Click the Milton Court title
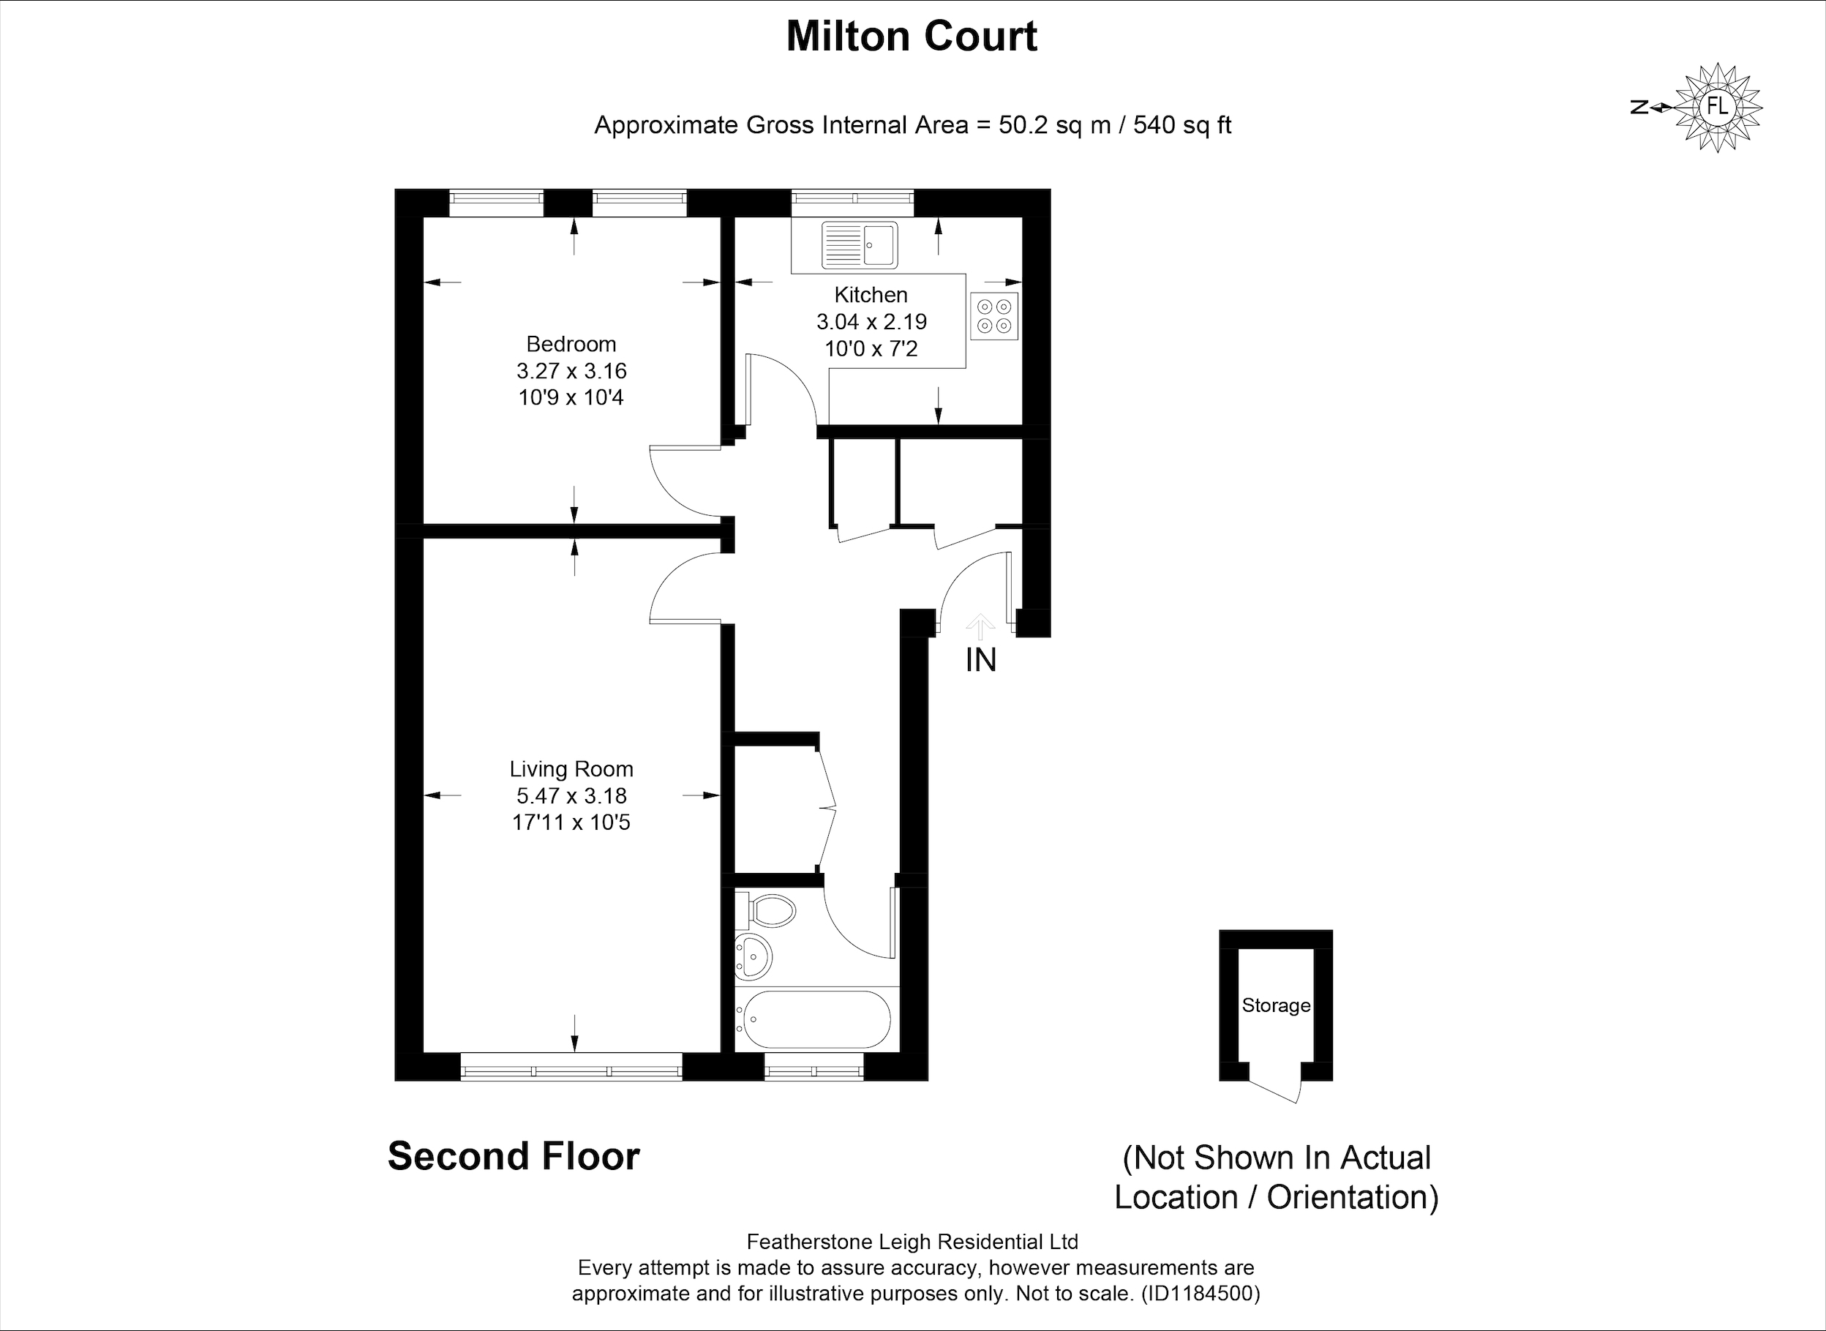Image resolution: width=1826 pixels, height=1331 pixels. click(x=912, y=37)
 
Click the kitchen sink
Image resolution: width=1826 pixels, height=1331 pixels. click(x=860, y=245)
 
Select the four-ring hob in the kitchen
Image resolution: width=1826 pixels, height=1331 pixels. click(x=994, y=316)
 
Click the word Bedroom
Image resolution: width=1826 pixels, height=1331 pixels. click(x=571, y=344)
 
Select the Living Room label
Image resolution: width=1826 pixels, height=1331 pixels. click(x=571, y=770)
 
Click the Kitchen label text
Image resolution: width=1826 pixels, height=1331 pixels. click(x=871, y=295)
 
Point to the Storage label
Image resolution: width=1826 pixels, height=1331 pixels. click(x=1276, y=1005)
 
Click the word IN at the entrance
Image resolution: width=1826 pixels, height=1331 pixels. click(x=981, y=661)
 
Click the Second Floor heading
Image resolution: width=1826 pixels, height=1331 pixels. click(x=514, y=1156)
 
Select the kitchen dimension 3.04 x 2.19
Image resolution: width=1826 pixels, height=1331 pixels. click(x=871, y=322)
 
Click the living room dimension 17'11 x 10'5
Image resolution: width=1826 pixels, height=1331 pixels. click(x=571, y=822)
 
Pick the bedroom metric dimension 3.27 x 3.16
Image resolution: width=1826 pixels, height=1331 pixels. click(x=572, y=372)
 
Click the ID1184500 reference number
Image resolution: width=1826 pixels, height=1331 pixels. click(x=1201, y=1294)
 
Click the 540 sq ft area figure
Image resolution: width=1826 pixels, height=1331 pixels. click(x=1182, y=126)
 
